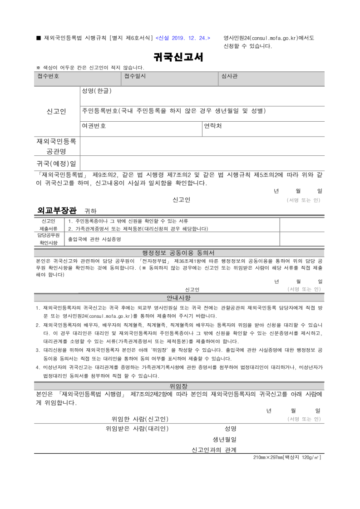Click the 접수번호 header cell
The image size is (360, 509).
point(48,76)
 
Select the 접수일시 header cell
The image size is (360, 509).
point(135,76)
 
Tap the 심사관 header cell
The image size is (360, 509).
point(229,76)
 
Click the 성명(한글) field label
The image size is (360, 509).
point(96,91)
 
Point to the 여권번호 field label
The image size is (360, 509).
point(94,126)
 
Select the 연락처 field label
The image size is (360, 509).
point(212,126)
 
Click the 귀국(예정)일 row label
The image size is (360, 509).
point(56,163)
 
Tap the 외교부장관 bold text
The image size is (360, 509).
point(57,210)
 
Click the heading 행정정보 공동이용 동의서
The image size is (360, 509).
point(178,252)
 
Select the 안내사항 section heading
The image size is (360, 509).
point(178,298)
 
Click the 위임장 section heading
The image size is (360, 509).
point(178,386)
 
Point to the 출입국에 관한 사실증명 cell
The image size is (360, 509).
point(94,239)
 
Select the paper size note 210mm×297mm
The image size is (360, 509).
point(287,457)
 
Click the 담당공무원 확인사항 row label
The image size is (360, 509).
point(49,239)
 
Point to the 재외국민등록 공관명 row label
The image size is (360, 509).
point(56,146)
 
